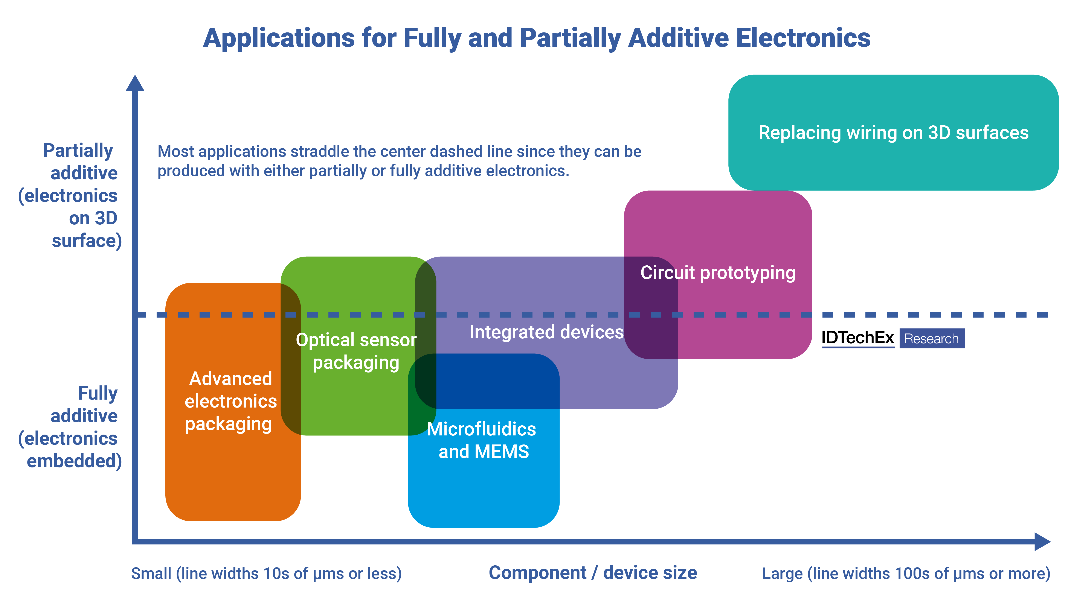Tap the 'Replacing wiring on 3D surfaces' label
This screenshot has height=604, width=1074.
893,132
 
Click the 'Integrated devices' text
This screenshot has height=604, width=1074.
546,332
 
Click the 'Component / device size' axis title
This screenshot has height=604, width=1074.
592,573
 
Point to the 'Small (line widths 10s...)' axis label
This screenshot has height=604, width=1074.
266,574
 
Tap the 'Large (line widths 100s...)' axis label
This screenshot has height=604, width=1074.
906,574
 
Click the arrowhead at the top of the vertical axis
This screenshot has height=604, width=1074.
135,83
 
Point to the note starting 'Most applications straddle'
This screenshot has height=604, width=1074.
399,161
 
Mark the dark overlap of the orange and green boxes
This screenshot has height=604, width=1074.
291,359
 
